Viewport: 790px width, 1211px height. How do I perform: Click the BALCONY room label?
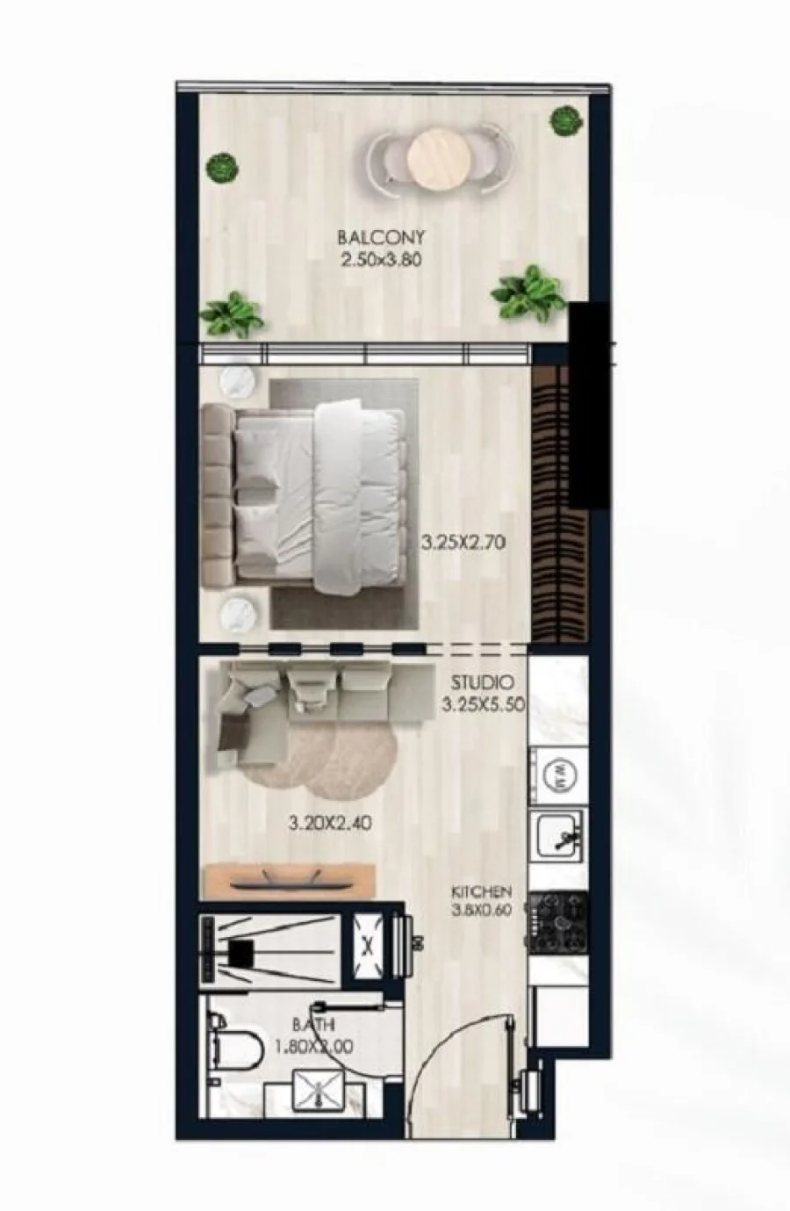(x=381, y=237)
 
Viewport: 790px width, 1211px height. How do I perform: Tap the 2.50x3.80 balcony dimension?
(x=381, y=261)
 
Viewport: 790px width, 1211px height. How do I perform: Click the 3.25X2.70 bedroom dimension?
(x=463, y=542)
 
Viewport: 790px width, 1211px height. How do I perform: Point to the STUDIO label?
(x=482, y=682)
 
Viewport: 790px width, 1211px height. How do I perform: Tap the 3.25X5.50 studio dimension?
(x=484, y=705)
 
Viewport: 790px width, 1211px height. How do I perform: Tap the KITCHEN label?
(x=482, y=890)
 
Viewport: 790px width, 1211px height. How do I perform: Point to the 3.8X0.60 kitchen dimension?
(x=482, y=910)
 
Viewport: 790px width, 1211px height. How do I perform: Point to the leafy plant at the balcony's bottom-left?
(x=231, y=314)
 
